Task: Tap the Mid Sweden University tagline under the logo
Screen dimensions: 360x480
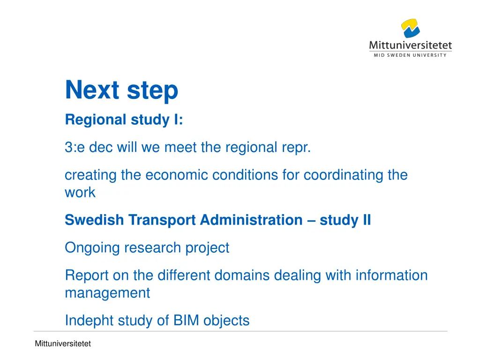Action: coord(410,55)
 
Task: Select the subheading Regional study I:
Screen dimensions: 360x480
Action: coord(124,120)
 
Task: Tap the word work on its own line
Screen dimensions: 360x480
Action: coord(80,193)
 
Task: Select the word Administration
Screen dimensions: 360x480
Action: coord(251,220)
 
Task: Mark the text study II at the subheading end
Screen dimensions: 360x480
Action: coord(345,220)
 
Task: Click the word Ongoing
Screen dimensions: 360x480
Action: coord(92,247)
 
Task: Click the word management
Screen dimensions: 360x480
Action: coord(107,293)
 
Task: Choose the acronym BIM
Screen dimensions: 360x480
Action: coord(187,321)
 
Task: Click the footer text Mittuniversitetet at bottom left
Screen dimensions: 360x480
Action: coord(63,344)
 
